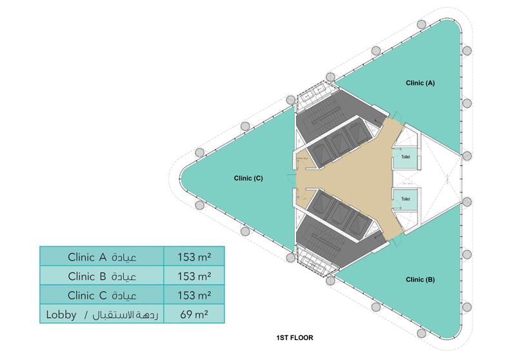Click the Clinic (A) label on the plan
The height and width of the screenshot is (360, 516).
421,83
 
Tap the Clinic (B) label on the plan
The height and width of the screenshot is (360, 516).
421,279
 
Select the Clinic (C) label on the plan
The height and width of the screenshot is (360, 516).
248,178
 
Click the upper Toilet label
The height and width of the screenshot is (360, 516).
406,157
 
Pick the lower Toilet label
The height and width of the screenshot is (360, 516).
406,199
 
